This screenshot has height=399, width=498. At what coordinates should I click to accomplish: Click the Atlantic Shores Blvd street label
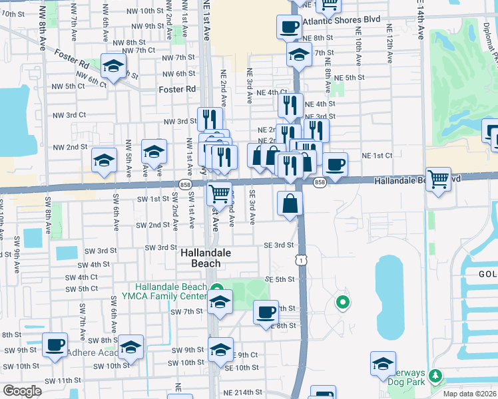pyautogui.click(x=341, y=20)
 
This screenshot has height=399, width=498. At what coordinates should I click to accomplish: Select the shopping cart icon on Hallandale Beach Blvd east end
pyautogui.click(x=438, y=178)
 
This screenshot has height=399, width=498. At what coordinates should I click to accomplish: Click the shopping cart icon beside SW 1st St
pyautogui.click(x=220, y=194)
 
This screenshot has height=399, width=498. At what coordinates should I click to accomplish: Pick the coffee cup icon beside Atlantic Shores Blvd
pyautogui.click(x=289, y=27)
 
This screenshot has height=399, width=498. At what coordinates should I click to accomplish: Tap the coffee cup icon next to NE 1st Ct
pyautogui.click(x=335, y=164)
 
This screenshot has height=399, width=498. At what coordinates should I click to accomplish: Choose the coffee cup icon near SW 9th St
pyautogui.click(x=55, y=344)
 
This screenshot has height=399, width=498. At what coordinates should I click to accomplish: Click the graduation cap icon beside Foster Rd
pyautogui.click(x=114, y=66)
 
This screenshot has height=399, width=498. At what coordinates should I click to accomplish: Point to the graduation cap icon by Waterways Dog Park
pyautogui.click(x=383, y=363)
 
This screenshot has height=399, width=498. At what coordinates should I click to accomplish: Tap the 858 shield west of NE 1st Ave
pyautogui.click(x=185, y=184)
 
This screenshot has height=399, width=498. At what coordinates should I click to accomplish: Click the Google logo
pyautogui.click(x=22, y=391)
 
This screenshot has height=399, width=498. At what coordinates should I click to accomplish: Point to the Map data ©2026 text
pyautogui.click(x=469, y=394)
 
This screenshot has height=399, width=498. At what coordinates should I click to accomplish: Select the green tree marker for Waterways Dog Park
pyautogui.click(x=435, y=376)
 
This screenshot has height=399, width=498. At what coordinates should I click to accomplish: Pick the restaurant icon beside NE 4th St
pyautogui.click(x=289, y=104)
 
